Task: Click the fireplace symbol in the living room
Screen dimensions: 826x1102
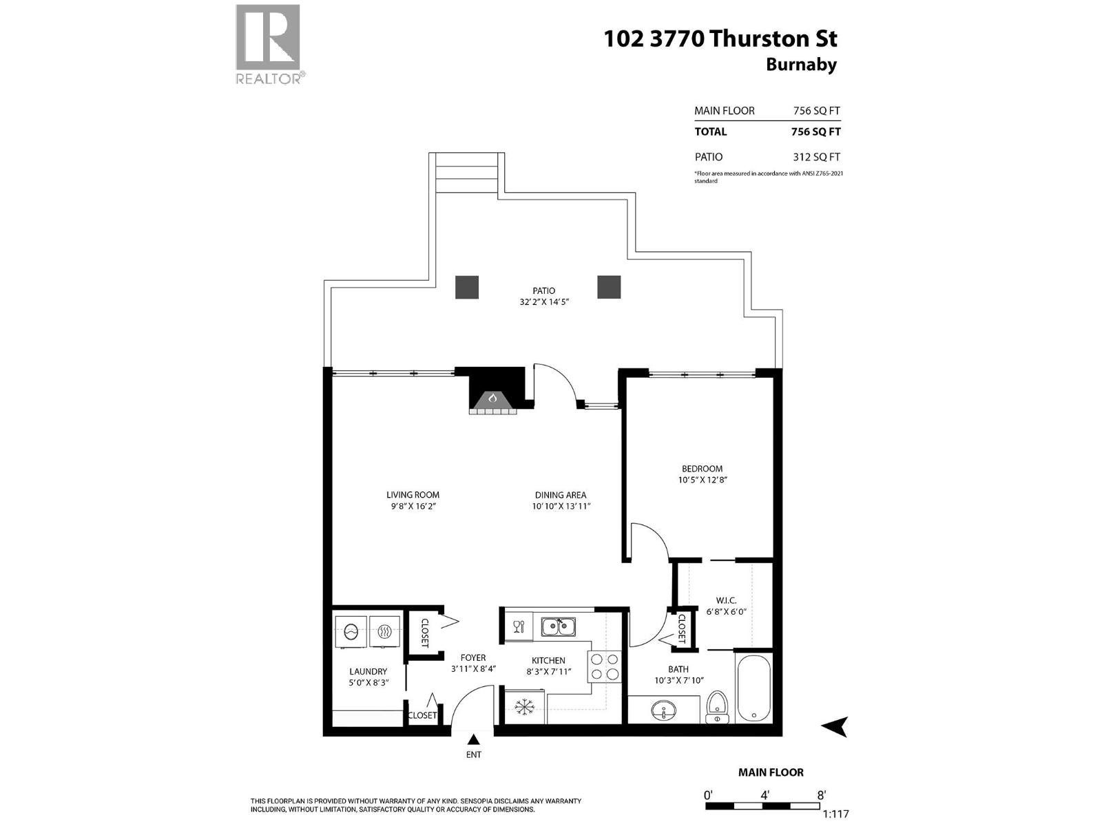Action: tap(492, 399)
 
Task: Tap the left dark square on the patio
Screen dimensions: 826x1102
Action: tap(467, 287)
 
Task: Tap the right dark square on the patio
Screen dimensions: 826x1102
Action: tap(609, 287)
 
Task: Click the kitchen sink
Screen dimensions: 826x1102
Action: tap(558, 627)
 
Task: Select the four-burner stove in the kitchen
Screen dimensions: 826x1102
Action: tap(604, 667)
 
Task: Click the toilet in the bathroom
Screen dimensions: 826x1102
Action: tap(718, 707)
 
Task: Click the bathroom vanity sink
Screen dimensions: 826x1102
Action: tap(665, 710)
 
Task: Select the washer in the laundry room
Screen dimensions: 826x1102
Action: tap(351, 631)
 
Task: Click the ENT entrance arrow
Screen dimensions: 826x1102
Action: tap(474, 741)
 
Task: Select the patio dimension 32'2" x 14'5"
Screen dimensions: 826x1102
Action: tap(544, 301)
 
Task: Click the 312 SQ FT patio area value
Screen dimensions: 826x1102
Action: tap(816, 157)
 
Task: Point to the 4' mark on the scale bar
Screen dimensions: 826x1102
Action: tap(765, 794)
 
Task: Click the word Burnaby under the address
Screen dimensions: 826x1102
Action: tap(801, 65)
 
